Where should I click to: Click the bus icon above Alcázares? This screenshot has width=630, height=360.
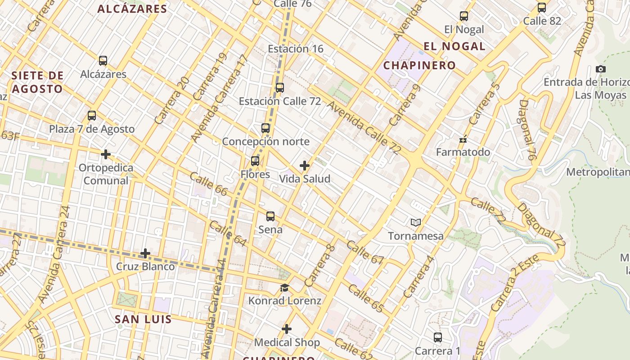tap(103, 61)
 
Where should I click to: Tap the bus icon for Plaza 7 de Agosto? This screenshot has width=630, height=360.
tap(92, 116)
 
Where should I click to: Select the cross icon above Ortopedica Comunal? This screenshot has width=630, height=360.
tap(106, 154)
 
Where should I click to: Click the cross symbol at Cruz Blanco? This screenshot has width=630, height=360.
tap(145, 253)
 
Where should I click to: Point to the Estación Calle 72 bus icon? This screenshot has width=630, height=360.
tap(280, 88)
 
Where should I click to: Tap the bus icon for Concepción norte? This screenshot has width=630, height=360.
tap(265, 128)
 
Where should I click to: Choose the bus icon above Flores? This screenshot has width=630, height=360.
tap(255, 161)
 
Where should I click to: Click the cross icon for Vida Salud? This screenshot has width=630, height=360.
tap(305, 166)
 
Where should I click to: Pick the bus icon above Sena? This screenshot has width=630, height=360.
tap(270, 216)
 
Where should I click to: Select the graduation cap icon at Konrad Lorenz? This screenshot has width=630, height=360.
tap(284, 288)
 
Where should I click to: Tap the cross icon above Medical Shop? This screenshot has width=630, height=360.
tap(287, 329)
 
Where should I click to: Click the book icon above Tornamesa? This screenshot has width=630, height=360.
tap(416, 222)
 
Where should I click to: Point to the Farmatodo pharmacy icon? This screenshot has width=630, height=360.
tap(463, 139)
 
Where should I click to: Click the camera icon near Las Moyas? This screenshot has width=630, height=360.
tap(600, 69)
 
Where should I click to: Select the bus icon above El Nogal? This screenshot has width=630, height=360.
tap(464, 16)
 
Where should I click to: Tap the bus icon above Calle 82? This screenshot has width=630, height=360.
tap(542, 8)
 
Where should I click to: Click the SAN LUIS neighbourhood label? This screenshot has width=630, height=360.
tap(143, 319)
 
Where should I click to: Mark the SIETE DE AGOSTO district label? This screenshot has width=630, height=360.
tap(37, 82)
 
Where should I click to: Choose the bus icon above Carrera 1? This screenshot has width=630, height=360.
tap(438, 337)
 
